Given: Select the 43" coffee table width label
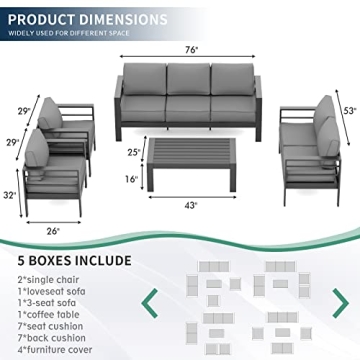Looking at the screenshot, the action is point(190,205).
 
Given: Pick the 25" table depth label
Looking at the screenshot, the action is point(133,152).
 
